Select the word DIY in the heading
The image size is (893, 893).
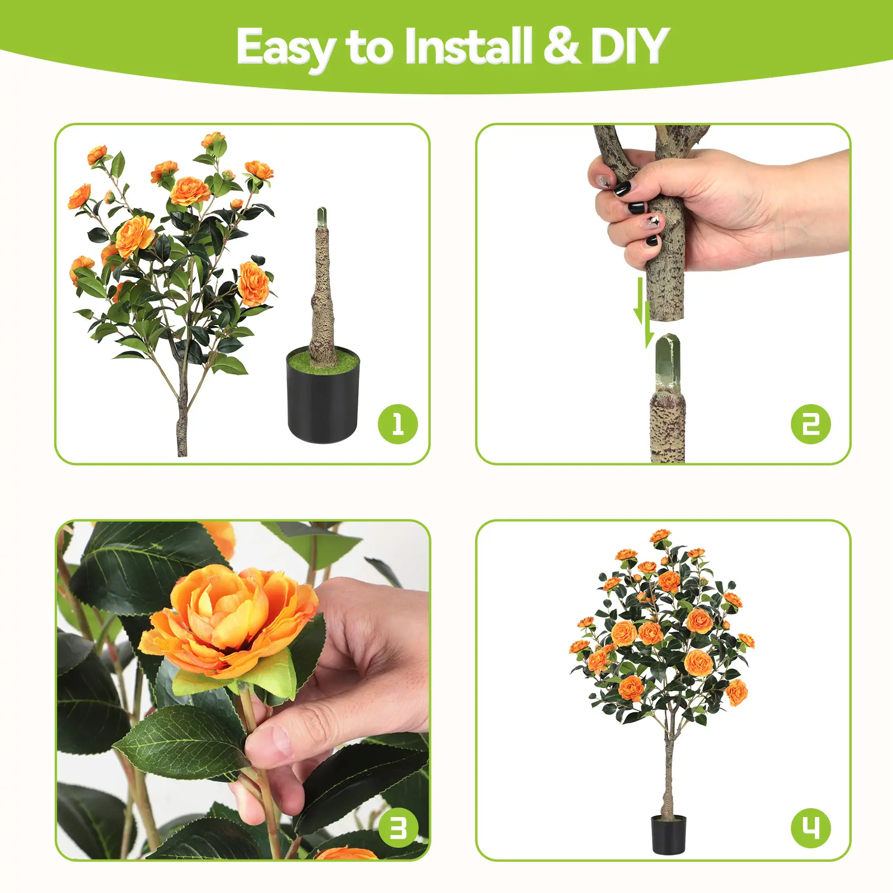629,46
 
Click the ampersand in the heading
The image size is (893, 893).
561,46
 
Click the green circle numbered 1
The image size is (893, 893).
398,424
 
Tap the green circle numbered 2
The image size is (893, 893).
811,424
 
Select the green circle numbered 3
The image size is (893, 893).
398,828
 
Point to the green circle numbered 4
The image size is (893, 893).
811,828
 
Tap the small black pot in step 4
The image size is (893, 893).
669,834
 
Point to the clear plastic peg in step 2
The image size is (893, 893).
667,363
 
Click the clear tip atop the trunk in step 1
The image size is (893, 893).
323,218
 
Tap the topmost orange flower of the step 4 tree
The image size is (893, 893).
660,536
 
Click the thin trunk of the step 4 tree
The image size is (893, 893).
668,770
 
